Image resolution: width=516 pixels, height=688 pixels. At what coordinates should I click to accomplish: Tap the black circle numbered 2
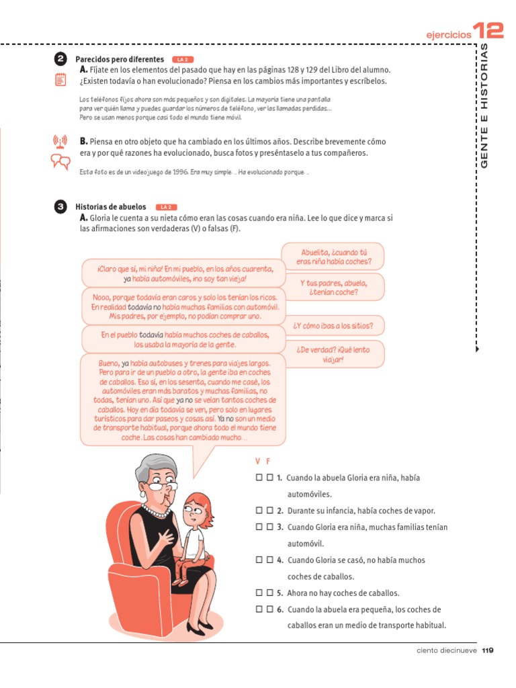60,60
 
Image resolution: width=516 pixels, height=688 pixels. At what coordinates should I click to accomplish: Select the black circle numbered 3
60,207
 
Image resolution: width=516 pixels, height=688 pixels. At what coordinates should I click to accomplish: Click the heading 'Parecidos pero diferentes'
120,60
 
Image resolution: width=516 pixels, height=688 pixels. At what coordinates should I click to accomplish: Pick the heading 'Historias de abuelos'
111,207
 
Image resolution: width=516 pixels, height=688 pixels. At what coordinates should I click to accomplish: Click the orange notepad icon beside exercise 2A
60,81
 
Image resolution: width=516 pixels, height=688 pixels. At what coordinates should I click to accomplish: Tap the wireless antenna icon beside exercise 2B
60,142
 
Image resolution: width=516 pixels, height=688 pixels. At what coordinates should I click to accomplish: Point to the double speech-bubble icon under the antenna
60,161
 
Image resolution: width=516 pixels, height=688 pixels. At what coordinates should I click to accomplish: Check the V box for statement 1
259,478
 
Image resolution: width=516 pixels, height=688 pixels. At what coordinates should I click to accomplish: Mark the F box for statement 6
269,609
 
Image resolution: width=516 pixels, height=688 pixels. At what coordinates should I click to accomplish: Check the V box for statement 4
259,560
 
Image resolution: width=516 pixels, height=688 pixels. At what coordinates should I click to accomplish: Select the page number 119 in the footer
488,650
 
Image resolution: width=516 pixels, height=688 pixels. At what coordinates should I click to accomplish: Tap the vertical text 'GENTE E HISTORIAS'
484,107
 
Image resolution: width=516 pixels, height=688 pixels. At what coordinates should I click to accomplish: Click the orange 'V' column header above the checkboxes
258,461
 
